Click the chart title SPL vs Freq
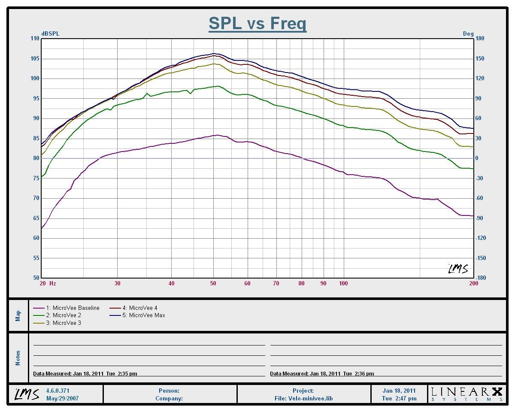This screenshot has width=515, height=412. tap(257, 23)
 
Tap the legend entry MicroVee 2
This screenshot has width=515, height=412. tap(64, 315)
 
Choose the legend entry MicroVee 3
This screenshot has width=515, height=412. tap(64, 323)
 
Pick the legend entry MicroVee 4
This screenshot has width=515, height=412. tap(140, 308)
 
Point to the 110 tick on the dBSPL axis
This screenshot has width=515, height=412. tap(34, 39)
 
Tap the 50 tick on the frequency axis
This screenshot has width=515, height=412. tap(213, 283)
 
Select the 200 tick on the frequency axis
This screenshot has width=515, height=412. tap(474, 283)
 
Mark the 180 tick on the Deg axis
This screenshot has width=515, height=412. tap(480, 39)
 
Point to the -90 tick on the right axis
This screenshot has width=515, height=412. tap(480, 218)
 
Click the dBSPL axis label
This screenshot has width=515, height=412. tap(50, 33)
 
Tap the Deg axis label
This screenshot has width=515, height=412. tap(468, 33)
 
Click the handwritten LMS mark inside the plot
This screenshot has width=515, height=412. tap(458, 269)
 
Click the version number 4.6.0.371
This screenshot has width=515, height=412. tap(58, 391)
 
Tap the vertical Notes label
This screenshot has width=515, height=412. tap(18, 358)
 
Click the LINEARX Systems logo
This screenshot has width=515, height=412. tap(467, 394)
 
